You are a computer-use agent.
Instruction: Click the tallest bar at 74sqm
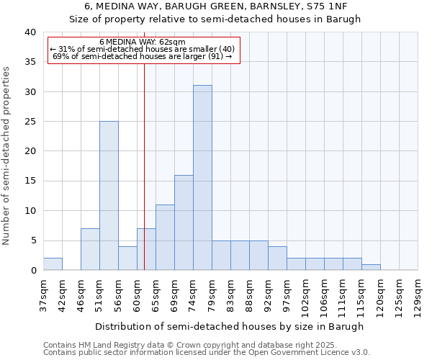tap(202, 178)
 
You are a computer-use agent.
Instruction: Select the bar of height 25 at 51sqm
tap(109, 196)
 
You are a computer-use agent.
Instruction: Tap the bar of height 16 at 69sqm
tap(184, 222)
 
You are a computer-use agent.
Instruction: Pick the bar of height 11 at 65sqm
tap(165, 238)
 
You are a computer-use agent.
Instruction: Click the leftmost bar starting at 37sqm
tap(53, 264)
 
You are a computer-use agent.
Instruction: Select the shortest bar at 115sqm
tap(371, 267)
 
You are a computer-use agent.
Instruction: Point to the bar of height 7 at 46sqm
tap(90, 249)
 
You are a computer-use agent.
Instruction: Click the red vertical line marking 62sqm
tap(144, 166)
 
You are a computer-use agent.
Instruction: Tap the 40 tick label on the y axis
tap(30, 32)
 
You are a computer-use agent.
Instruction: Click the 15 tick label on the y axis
tap(30, 181)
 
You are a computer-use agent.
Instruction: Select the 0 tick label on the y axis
tap(32, 270)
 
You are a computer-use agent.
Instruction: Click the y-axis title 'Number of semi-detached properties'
tap(6, 156)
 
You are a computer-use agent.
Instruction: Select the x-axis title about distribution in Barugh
tap(230, 326)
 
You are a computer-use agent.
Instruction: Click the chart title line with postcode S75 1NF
tap(215, 6)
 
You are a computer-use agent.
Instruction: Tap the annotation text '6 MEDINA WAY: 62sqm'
tap(142, 42)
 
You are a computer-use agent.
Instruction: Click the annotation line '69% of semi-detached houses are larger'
tap(142, 56)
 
